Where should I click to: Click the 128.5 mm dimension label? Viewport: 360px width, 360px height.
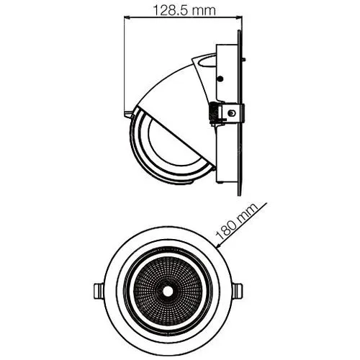[x=184, y=10]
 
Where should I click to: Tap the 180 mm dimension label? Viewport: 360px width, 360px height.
[x=236, y=222]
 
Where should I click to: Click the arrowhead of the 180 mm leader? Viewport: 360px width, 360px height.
[x=218, y=246]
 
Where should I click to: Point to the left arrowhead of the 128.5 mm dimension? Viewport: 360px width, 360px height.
[x=127, y=17]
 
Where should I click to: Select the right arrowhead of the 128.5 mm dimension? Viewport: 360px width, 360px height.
[x=238, y=17]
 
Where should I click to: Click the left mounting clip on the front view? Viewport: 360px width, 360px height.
[x=99, y=291]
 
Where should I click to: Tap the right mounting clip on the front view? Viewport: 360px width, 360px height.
[x=237, y=291]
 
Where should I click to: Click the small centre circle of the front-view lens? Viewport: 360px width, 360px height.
[x=167, y=292]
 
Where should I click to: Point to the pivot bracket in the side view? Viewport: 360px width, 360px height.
[x=228, y=114]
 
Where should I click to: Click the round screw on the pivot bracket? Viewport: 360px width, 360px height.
[x=231, y=113]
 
